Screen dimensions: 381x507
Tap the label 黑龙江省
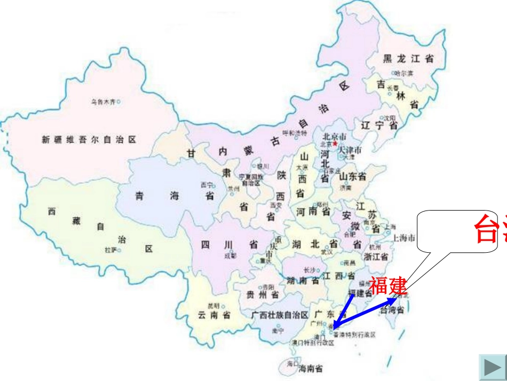pos(408,59)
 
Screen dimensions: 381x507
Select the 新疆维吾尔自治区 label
pos(89,140)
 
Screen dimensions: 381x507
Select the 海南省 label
pos(311,368)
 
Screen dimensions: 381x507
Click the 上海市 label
pos(404,238)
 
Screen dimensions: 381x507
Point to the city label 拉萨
pos(110,250)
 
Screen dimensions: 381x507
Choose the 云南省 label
pos(214,315)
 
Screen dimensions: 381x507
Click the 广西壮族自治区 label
pos(280,315)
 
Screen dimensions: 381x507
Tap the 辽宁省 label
pos(379,126)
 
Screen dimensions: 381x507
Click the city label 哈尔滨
pos(404,73)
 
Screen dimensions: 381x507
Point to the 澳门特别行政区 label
pos(313,343)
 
